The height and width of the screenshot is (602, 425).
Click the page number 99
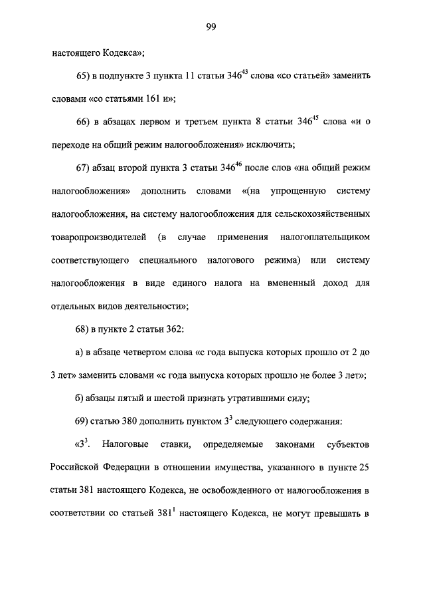[x=212, y=27]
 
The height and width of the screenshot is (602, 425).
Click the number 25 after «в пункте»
[x=365, y=467]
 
